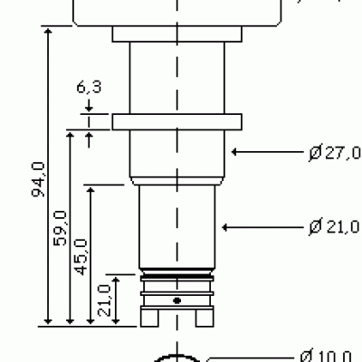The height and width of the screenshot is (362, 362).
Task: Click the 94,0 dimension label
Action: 38,179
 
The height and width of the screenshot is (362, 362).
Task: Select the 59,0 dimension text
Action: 60,228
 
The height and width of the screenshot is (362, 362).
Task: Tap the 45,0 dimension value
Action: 81,257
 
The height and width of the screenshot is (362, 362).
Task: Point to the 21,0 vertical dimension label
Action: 104,300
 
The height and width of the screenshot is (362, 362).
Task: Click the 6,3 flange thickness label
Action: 89,87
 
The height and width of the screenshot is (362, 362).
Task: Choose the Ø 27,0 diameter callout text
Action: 335,152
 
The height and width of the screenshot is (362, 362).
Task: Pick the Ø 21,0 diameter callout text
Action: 335,227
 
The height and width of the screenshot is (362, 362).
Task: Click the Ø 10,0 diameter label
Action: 327,356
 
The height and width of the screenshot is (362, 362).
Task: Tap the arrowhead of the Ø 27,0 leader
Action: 235,152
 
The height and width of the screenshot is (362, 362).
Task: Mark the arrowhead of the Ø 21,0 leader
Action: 225,227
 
